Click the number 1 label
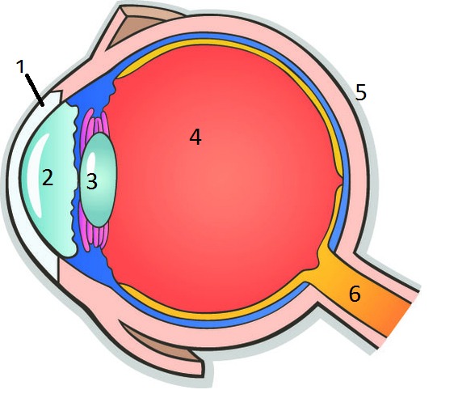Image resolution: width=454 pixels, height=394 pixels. point(20,66)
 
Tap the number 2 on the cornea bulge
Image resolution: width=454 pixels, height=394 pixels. point(48,177)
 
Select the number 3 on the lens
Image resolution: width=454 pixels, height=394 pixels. point(92,182)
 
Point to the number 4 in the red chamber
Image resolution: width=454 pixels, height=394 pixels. point(195,137)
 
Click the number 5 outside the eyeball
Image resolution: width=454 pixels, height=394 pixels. point(361,92)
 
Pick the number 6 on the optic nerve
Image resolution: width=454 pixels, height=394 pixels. point(355,294)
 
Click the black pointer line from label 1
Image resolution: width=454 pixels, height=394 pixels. point(35,90)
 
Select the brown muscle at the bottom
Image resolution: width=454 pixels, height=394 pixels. point(162,344)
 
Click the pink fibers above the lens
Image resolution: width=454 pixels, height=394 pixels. point(95,123)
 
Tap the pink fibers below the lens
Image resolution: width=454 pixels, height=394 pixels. point(94,232)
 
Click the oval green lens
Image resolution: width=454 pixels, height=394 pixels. point(99,180)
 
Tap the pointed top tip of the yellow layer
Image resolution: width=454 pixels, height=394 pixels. point(117,76)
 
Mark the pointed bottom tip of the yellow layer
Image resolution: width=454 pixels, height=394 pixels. point(120,285)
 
